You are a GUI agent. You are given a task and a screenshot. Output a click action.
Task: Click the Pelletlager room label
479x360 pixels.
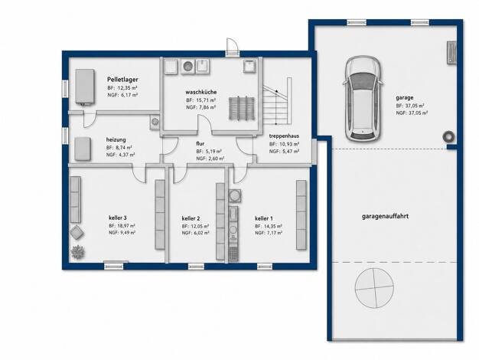122,80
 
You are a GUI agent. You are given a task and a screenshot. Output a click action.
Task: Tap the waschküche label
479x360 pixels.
201,92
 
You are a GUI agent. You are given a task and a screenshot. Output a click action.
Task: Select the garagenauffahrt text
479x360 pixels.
385,216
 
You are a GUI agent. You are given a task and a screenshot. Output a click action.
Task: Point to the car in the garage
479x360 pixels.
363,99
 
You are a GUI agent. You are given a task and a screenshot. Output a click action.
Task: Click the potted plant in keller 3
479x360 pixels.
77,252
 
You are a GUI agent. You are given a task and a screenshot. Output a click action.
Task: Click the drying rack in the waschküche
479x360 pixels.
242,108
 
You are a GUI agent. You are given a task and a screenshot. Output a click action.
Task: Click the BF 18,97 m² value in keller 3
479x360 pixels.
122,226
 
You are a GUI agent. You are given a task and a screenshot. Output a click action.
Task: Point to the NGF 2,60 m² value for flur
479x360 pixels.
210,159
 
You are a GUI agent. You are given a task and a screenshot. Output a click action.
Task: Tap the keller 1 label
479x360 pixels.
264,218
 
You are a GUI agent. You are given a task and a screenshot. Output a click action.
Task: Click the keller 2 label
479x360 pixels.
191,218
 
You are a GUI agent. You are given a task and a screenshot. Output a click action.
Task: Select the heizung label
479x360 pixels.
116,139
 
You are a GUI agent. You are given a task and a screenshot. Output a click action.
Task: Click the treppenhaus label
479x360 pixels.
284,136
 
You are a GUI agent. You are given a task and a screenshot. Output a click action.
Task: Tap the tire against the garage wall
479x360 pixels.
449,136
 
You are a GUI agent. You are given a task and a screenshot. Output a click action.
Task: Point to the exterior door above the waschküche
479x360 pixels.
232,47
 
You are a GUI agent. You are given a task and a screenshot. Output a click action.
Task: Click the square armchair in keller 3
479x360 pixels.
77,233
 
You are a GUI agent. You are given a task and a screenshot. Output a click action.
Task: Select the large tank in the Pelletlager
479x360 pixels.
85,87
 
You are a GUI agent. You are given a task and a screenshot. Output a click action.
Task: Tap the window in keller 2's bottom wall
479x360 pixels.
196,267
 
